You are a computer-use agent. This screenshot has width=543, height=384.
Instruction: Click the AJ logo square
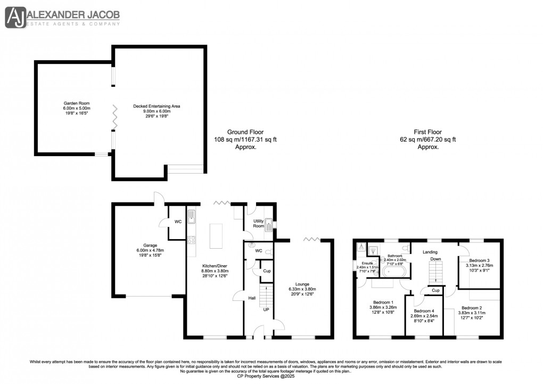(x=17, y=17)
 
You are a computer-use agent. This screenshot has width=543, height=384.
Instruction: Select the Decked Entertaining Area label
(x=157, y=106)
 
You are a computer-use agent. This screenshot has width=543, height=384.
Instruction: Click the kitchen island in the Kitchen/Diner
(x=216, y=236)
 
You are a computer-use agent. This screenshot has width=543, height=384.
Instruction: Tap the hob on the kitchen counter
(x=192, y=240)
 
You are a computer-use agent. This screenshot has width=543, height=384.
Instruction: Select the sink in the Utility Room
(x=269, y=225)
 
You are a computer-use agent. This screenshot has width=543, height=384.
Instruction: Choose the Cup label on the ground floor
(x=267, y=271)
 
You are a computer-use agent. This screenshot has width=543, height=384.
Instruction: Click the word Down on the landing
(x=435, y=259)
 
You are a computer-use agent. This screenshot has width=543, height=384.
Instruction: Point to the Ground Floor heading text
(x=245, y=132)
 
